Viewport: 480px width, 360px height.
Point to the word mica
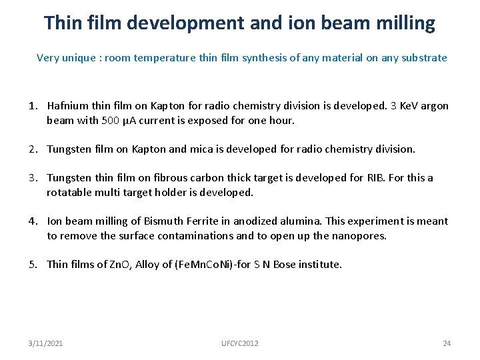coord(201,149)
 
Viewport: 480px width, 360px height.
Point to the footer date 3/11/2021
coord(46,343)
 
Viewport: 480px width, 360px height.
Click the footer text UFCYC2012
coord(240,343)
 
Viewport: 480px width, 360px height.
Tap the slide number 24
coord(447,343)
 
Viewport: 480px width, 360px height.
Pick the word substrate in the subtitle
coord(423,58)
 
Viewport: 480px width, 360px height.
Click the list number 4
coord(32,221)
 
